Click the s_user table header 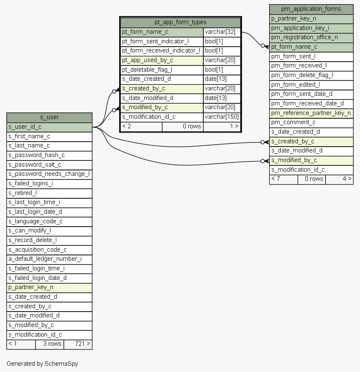(49, 117)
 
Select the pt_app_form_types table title (180, 22)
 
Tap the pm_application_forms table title (311, 9)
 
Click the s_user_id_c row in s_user (49, 127)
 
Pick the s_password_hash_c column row (49, 155)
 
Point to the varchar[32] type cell (222, 32)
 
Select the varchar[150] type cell (222, 117)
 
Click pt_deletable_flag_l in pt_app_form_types (162, 70)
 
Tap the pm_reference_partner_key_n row (311, 113)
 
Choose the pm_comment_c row (311, 122)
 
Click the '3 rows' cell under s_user (49, 344)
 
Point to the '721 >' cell (78, 344)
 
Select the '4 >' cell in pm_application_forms (339, 179)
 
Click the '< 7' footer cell (283, 179)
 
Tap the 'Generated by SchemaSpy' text (42, 364)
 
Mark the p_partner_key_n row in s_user (49, 287)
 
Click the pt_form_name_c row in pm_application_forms (311, 47)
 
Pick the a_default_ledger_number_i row (49, 259)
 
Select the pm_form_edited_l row (311, 85)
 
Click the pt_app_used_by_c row (162, 60)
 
